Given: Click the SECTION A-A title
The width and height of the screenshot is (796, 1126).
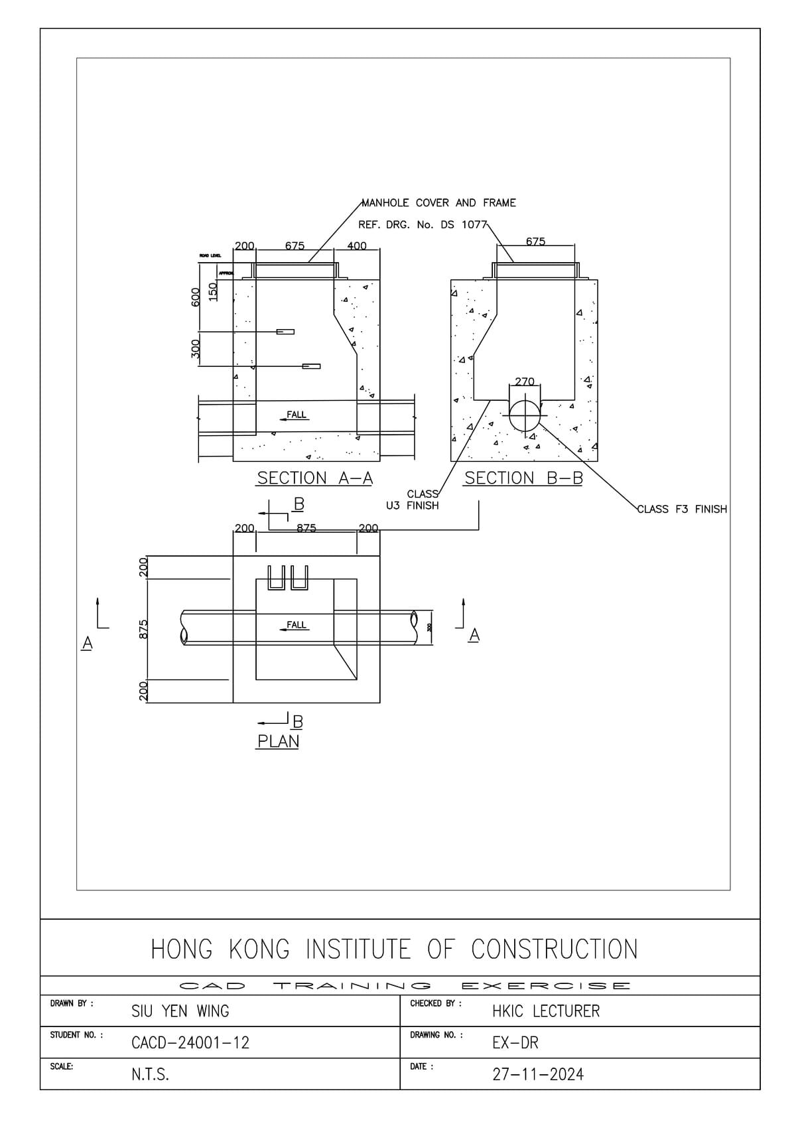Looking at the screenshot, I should (x=314, y=478).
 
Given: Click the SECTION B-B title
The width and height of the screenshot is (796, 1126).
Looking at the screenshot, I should (x=523, y=478).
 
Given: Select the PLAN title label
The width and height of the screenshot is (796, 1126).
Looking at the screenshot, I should (x=278, y=741).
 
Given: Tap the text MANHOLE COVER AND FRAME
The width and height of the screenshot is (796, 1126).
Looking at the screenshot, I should (x=438, y=203).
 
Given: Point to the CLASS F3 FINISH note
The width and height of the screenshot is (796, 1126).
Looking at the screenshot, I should (x=682, y=509).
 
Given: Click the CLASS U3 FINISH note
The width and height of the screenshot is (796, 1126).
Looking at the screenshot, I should (x=413, y=500).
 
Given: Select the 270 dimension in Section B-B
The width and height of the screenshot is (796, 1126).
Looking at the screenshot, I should (x=524, y=382).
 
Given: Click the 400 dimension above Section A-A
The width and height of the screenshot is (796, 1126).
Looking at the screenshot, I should (x=357, y=246).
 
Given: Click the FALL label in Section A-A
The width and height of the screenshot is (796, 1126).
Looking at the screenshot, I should (x=296, y=415).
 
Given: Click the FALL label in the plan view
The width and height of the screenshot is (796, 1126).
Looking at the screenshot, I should (x=296, y=624).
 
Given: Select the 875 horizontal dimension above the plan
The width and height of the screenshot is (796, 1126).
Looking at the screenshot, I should (x=306, y=528).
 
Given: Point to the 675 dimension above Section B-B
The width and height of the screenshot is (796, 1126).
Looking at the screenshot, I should (x=535, y=242).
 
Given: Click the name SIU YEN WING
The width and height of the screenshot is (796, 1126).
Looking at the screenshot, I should (x=180, y=1011).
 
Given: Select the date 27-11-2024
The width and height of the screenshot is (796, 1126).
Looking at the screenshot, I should (x=538, y=1074).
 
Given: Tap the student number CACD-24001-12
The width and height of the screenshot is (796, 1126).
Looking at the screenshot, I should (x=190, y=1042).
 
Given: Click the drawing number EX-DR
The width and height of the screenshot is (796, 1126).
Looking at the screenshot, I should (x=515, y=1042).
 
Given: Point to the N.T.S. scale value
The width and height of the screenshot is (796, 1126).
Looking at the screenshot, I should (x=150, y=1074).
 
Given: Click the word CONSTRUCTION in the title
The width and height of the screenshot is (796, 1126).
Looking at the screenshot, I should (x=554, y=949).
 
